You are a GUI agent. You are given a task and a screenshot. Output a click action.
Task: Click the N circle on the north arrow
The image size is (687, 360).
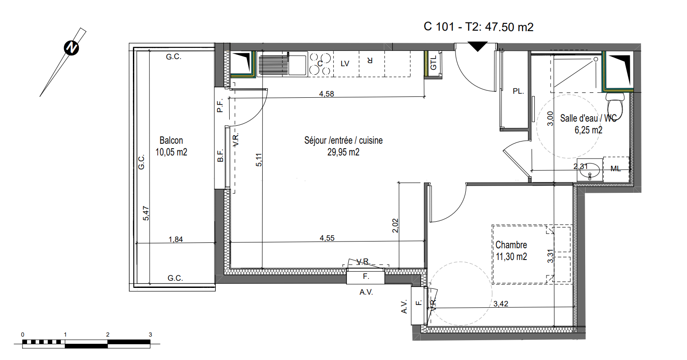(72, 48)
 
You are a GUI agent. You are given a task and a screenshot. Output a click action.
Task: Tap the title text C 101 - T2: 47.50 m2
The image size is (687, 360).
(478, 27)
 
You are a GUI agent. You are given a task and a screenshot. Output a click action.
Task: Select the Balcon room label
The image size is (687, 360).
(171, 141)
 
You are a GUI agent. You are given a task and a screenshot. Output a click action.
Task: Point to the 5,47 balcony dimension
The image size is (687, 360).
(146, 213)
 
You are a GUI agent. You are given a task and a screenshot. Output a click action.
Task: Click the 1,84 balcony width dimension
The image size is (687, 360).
(176, 239)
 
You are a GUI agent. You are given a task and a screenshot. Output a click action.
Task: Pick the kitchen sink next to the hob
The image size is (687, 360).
(282, 64)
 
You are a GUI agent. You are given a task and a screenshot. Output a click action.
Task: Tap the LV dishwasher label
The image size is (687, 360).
(345, 64)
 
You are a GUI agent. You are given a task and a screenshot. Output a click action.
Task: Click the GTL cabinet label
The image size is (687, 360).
(433, 63)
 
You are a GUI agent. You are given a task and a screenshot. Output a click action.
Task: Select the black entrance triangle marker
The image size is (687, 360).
(478, 46)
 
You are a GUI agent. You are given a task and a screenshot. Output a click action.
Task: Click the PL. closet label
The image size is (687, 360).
(519, 91)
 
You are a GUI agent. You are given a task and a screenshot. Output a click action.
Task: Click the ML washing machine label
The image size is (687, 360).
(615, 169)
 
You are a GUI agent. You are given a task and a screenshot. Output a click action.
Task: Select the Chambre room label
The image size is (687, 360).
(511, 245)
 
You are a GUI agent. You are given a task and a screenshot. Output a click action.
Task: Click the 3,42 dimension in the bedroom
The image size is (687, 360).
(501, 304)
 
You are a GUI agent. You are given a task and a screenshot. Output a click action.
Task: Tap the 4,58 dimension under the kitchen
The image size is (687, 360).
(327, 94)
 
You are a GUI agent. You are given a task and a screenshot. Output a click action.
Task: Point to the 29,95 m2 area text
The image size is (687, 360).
(343, 152)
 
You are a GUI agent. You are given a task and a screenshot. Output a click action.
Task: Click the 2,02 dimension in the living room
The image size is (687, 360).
(396, 225)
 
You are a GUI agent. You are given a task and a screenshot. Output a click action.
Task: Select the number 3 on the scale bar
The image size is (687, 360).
(150, 335)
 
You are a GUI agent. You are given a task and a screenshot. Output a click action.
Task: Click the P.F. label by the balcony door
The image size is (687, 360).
(220, 106)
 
